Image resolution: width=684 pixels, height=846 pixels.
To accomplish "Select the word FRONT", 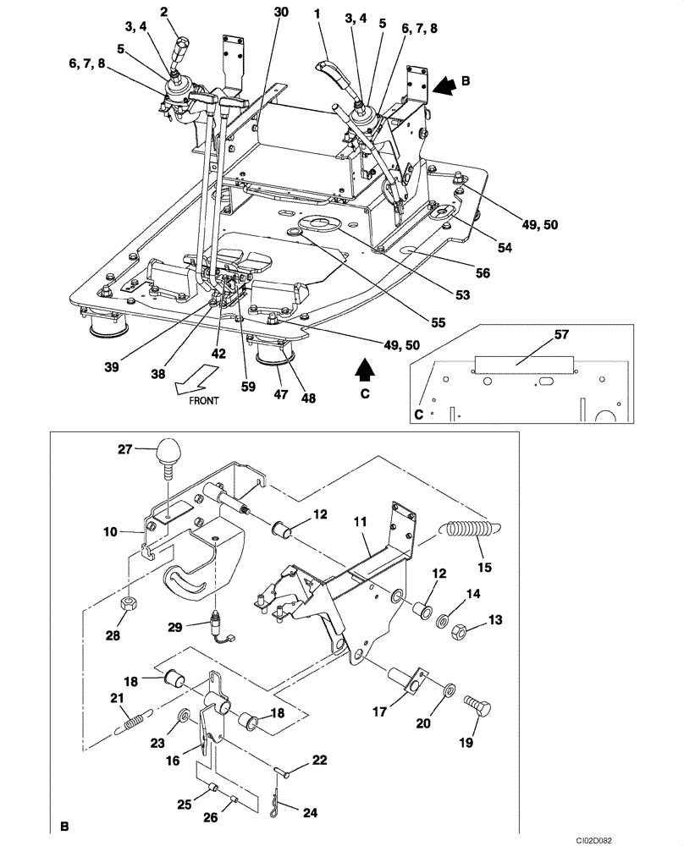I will (204, 401).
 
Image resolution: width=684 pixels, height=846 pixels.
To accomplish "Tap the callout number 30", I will (281, 13).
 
